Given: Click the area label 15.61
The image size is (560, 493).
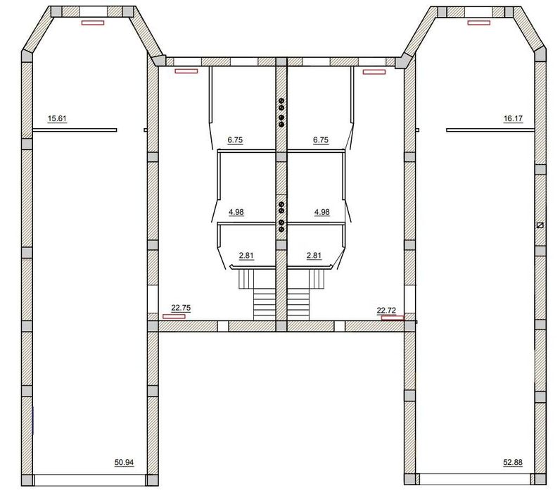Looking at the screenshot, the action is [x=57, y=118].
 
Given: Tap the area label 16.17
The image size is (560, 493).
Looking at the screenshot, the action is [x=513, y=118].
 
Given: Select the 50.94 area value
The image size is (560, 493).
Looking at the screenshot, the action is [x=124, y=462].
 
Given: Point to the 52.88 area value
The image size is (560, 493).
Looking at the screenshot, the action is [x=513, y=462].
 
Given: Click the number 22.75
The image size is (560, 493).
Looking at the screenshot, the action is [x=181, y=308].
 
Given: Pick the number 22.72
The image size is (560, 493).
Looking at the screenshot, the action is [x=386, y=311].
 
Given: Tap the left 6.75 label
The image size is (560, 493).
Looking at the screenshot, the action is [x=235, y=139].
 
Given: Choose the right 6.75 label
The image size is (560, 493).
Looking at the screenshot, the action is [x=321, y=139].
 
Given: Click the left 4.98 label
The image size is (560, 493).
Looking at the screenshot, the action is [x=236, y=212].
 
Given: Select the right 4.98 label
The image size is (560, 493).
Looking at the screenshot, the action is [x=322, y=212].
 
